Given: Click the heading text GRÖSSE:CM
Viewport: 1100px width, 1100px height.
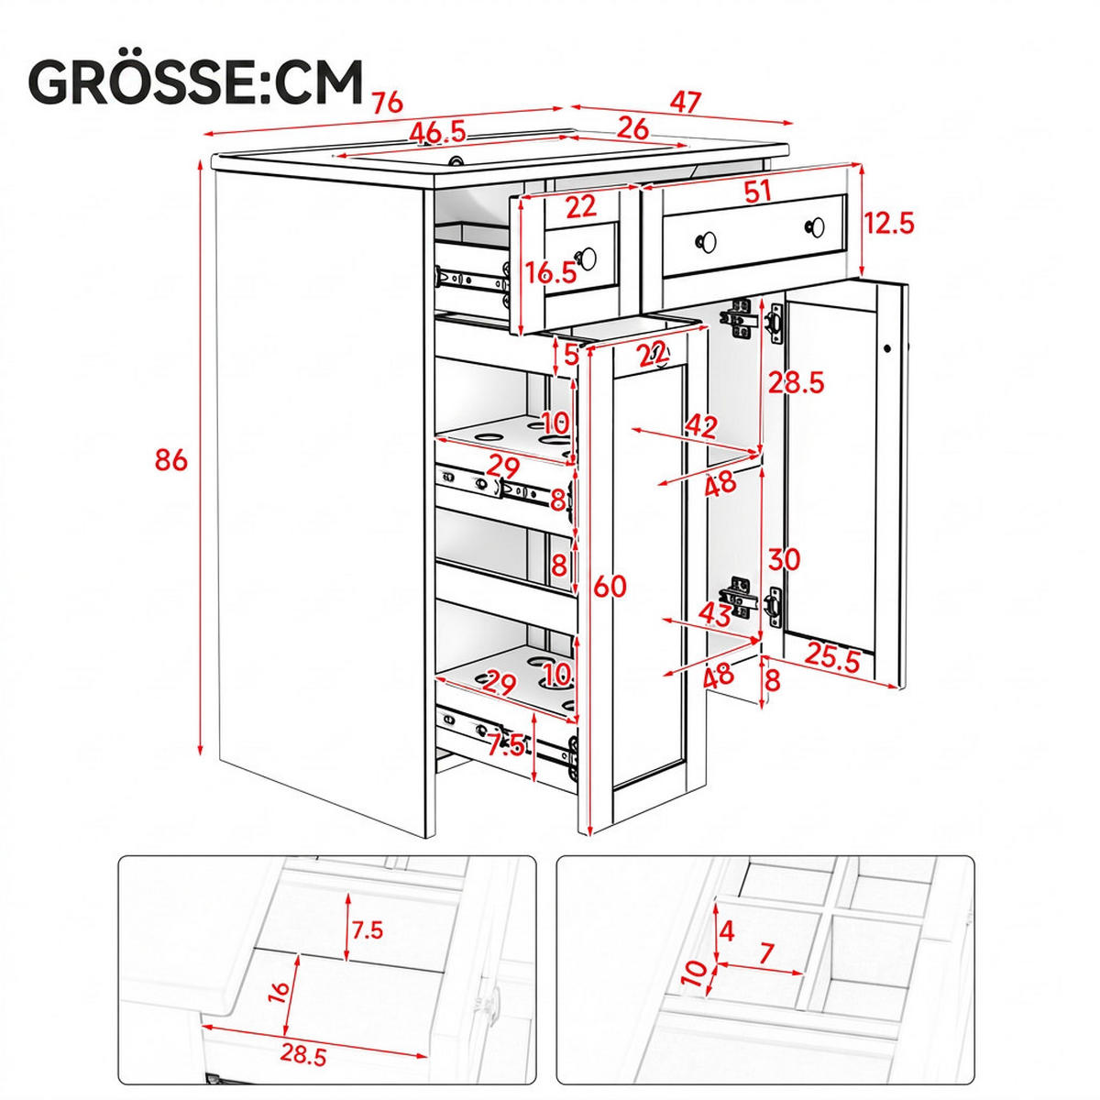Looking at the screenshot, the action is tap(196, 83).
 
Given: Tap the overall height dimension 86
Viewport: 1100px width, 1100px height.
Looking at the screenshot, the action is tap(170, 459).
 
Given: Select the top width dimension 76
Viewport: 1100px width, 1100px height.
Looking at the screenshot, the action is tap(388, 103).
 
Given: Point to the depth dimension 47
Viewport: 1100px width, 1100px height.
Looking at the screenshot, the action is tap(684, 103).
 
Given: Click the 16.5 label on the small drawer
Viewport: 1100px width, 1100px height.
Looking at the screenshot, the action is tap(551, 273).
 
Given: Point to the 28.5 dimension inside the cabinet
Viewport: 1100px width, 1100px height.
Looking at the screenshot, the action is tap(796, 382).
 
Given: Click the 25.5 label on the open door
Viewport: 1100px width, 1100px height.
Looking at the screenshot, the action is tap(832, 661).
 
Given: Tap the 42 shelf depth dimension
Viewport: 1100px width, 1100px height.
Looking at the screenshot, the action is tap(701, 427).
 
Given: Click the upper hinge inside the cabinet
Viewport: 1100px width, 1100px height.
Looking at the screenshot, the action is tap(742, 321).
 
